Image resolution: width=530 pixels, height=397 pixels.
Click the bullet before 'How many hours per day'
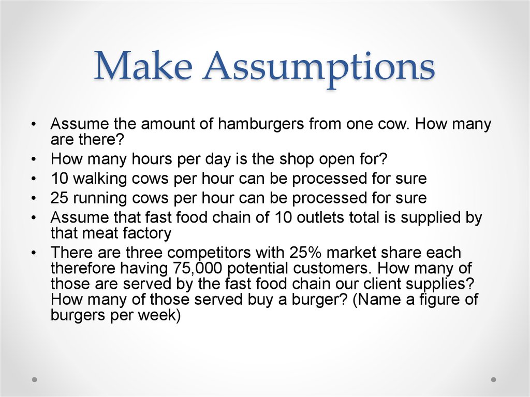point(34,160)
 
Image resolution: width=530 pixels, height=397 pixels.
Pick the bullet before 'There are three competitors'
point(34,254)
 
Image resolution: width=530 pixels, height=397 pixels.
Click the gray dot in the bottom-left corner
point(35,379)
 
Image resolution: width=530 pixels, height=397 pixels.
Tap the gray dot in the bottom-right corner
point(493,379)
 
